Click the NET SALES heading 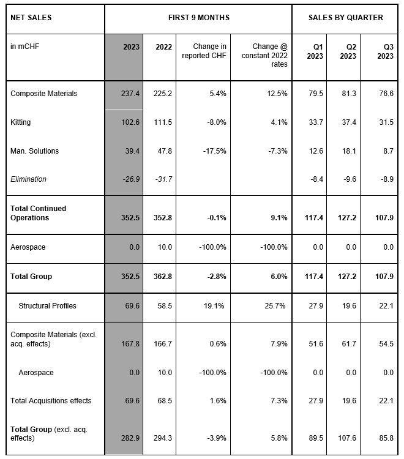(x=31, y=18)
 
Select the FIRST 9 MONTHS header (x=199, y=18)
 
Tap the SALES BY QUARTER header (x=346, y=18)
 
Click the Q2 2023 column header (x=348, y=51)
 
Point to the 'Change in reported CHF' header (x=204, y=51)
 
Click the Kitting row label (x=20, y=122)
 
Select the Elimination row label (x=28, y=179)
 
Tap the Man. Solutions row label (x=34, y=151)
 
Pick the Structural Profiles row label (x=47, y=305)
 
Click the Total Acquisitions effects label (x=51, y=400)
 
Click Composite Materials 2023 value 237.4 (x=130, y=94)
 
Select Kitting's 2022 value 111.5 (x=163, y=122)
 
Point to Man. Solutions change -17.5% (x=215, y=151)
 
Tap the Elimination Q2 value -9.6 (x=350, y=179)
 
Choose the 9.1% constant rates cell (x=279, y=218)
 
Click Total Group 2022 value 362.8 (x=163, y=277)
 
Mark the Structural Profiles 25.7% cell (x=275, y=305)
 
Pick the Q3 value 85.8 (x=386, y=438)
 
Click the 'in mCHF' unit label (x=24, y=47)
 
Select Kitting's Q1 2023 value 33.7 (x=316, y=122)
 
